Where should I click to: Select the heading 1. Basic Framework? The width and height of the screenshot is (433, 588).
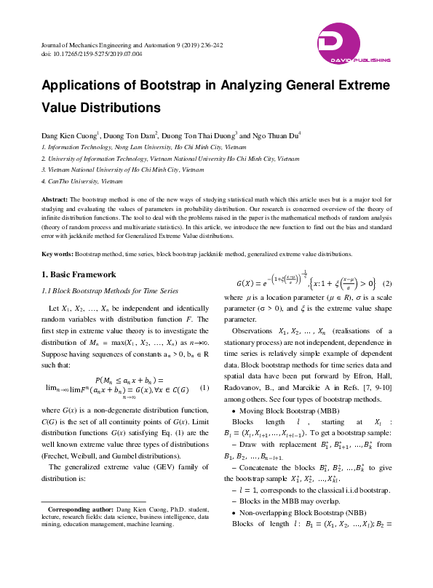(79, 274)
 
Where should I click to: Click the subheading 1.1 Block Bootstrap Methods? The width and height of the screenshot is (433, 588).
(110, 290)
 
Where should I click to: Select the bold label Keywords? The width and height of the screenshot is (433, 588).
(57, 254)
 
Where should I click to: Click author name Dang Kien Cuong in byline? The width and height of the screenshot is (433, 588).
(68, 135)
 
